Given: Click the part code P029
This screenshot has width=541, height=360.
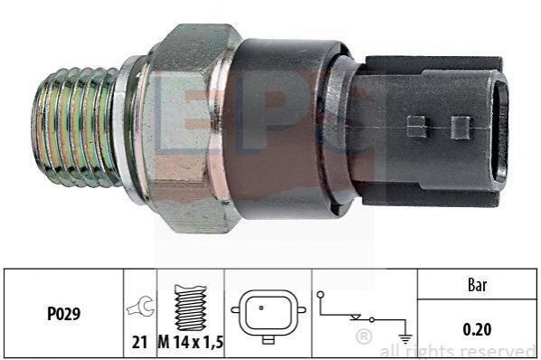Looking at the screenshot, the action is pos(63,314).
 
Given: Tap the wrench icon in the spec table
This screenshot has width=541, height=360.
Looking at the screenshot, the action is pos(140,307).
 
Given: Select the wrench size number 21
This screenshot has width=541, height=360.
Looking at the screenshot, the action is pos(139,343).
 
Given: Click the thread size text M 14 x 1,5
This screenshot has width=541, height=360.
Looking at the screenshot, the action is pos(191,343).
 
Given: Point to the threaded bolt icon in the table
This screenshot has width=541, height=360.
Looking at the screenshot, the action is pos(191,308).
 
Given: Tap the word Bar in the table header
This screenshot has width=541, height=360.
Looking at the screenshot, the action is pos(478,285).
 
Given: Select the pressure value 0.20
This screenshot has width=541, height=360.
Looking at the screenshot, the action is pos(477,329).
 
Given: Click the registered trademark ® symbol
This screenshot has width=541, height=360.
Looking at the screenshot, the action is pos(364,336).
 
